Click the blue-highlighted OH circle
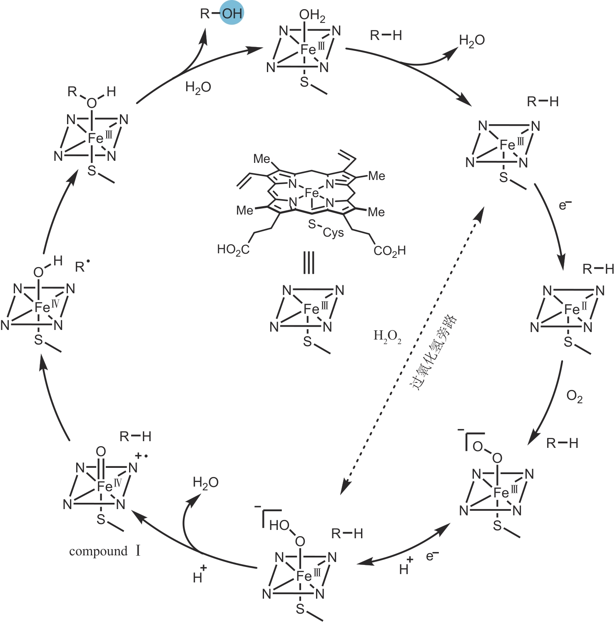(232, 13)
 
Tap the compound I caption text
(105, 551)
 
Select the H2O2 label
(387, 336)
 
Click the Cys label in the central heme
(333, 232)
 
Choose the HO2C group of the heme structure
(233, 250)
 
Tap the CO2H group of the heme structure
(389, 251)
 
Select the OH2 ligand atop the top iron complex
(312, 16)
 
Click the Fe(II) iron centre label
(575, 309)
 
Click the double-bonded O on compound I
(101, 452)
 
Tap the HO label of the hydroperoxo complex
(279, 525)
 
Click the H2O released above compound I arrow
(206, 482)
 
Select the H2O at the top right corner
(472, 40)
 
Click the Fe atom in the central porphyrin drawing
(311, 193)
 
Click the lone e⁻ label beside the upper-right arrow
(565, 205)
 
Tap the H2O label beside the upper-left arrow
(198, 87)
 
